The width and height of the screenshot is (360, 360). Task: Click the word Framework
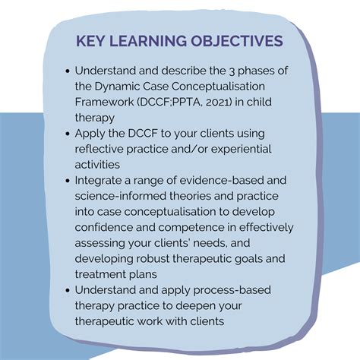click(x=104, y=102)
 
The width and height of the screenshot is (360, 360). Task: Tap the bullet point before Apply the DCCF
click(x=68, y=134)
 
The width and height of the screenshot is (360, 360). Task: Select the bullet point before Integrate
click(x=68, y=181)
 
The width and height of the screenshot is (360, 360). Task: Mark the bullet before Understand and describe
click(x=68, y=71)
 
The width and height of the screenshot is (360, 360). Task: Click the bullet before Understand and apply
click(x=68, y=290)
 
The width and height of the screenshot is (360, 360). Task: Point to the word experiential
click(x=242, y=150)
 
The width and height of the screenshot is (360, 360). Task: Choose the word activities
click(x=97, y=165)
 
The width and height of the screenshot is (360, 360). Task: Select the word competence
click(x=191, y=228)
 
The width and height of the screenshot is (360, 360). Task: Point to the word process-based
click(x=232, y=291)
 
